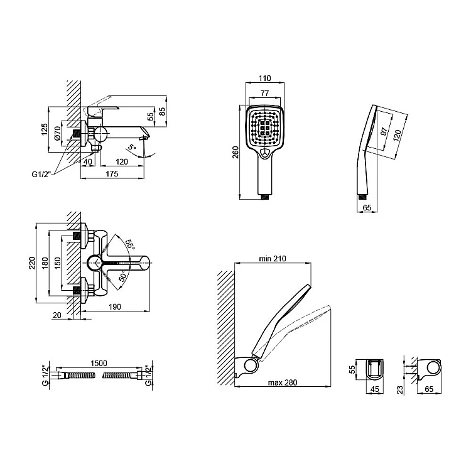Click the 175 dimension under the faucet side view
click(x=112, y=174)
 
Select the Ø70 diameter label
click(x=57, y=133)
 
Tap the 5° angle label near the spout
click(x=132, y=147)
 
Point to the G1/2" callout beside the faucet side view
click(x=41, y=174)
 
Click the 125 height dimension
click(x=45, y=129)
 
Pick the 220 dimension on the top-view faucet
click(x=32, y=263)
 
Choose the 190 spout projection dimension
click(x=115, y=306)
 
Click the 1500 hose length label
click(x=99, y=364)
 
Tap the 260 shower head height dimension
click(x=235, y=152)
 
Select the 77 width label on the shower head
click(x=264, y=93)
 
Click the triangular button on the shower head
click(x=264, y=153)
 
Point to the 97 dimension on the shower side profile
click(x=384, y=131)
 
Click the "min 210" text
click(x=273, y=258)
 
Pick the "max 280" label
click(x=283, y=382)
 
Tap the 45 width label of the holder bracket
click(x=374, y=389)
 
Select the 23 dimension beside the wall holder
click(x=400, y=390)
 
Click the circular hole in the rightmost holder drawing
click(x=433, y=368)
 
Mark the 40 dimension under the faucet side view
click(x=88, y=161)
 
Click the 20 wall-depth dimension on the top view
click(x=57, y=315)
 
